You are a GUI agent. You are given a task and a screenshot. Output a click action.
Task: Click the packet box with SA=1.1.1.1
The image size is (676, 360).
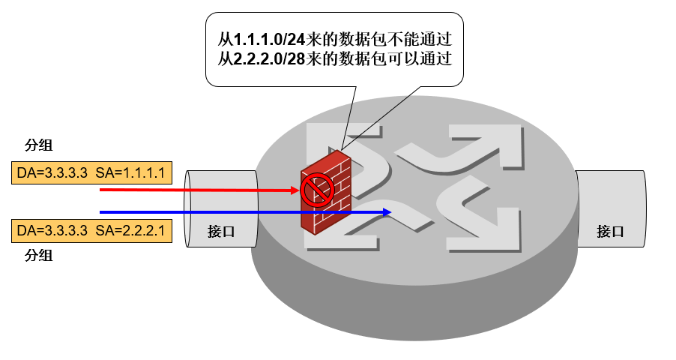pyautogui.click(x=92, y=174)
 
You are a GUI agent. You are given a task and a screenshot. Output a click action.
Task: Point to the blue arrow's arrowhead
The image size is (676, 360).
pyautogui.click(x=387, y=212)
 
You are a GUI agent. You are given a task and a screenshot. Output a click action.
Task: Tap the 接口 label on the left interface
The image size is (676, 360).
pyautogui.click(x=221, y=232)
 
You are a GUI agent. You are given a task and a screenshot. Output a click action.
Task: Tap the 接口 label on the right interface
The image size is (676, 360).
pyautogui.click(x=610, y=232)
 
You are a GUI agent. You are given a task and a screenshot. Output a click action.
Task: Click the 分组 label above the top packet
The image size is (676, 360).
pyautogui.click(x=39, y=145)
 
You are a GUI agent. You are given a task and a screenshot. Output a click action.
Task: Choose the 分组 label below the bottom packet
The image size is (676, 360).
pyautogui.click(x=39, y=256)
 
